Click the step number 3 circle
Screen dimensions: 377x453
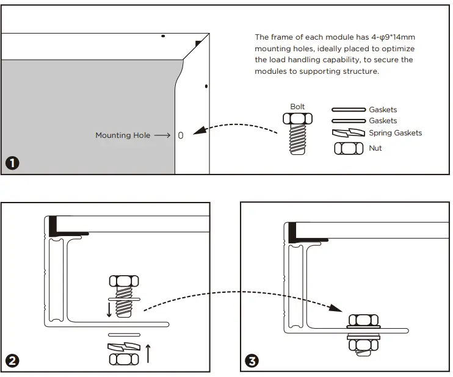point(252,361)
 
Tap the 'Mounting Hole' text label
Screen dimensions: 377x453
point(122,135)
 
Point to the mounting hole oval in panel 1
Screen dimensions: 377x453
point(181,135)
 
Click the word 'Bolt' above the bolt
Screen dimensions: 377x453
point(297,107)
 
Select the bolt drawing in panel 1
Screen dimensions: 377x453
point(298,134)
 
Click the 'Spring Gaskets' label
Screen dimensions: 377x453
point(395,133)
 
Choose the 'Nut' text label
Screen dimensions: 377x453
point(375,148)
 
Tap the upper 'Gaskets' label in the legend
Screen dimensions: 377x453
point(383,110)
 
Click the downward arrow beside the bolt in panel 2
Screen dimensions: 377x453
point(109,309)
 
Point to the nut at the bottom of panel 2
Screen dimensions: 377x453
point(123,359)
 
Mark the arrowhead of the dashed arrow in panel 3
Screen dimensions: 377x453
point(338,308)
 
